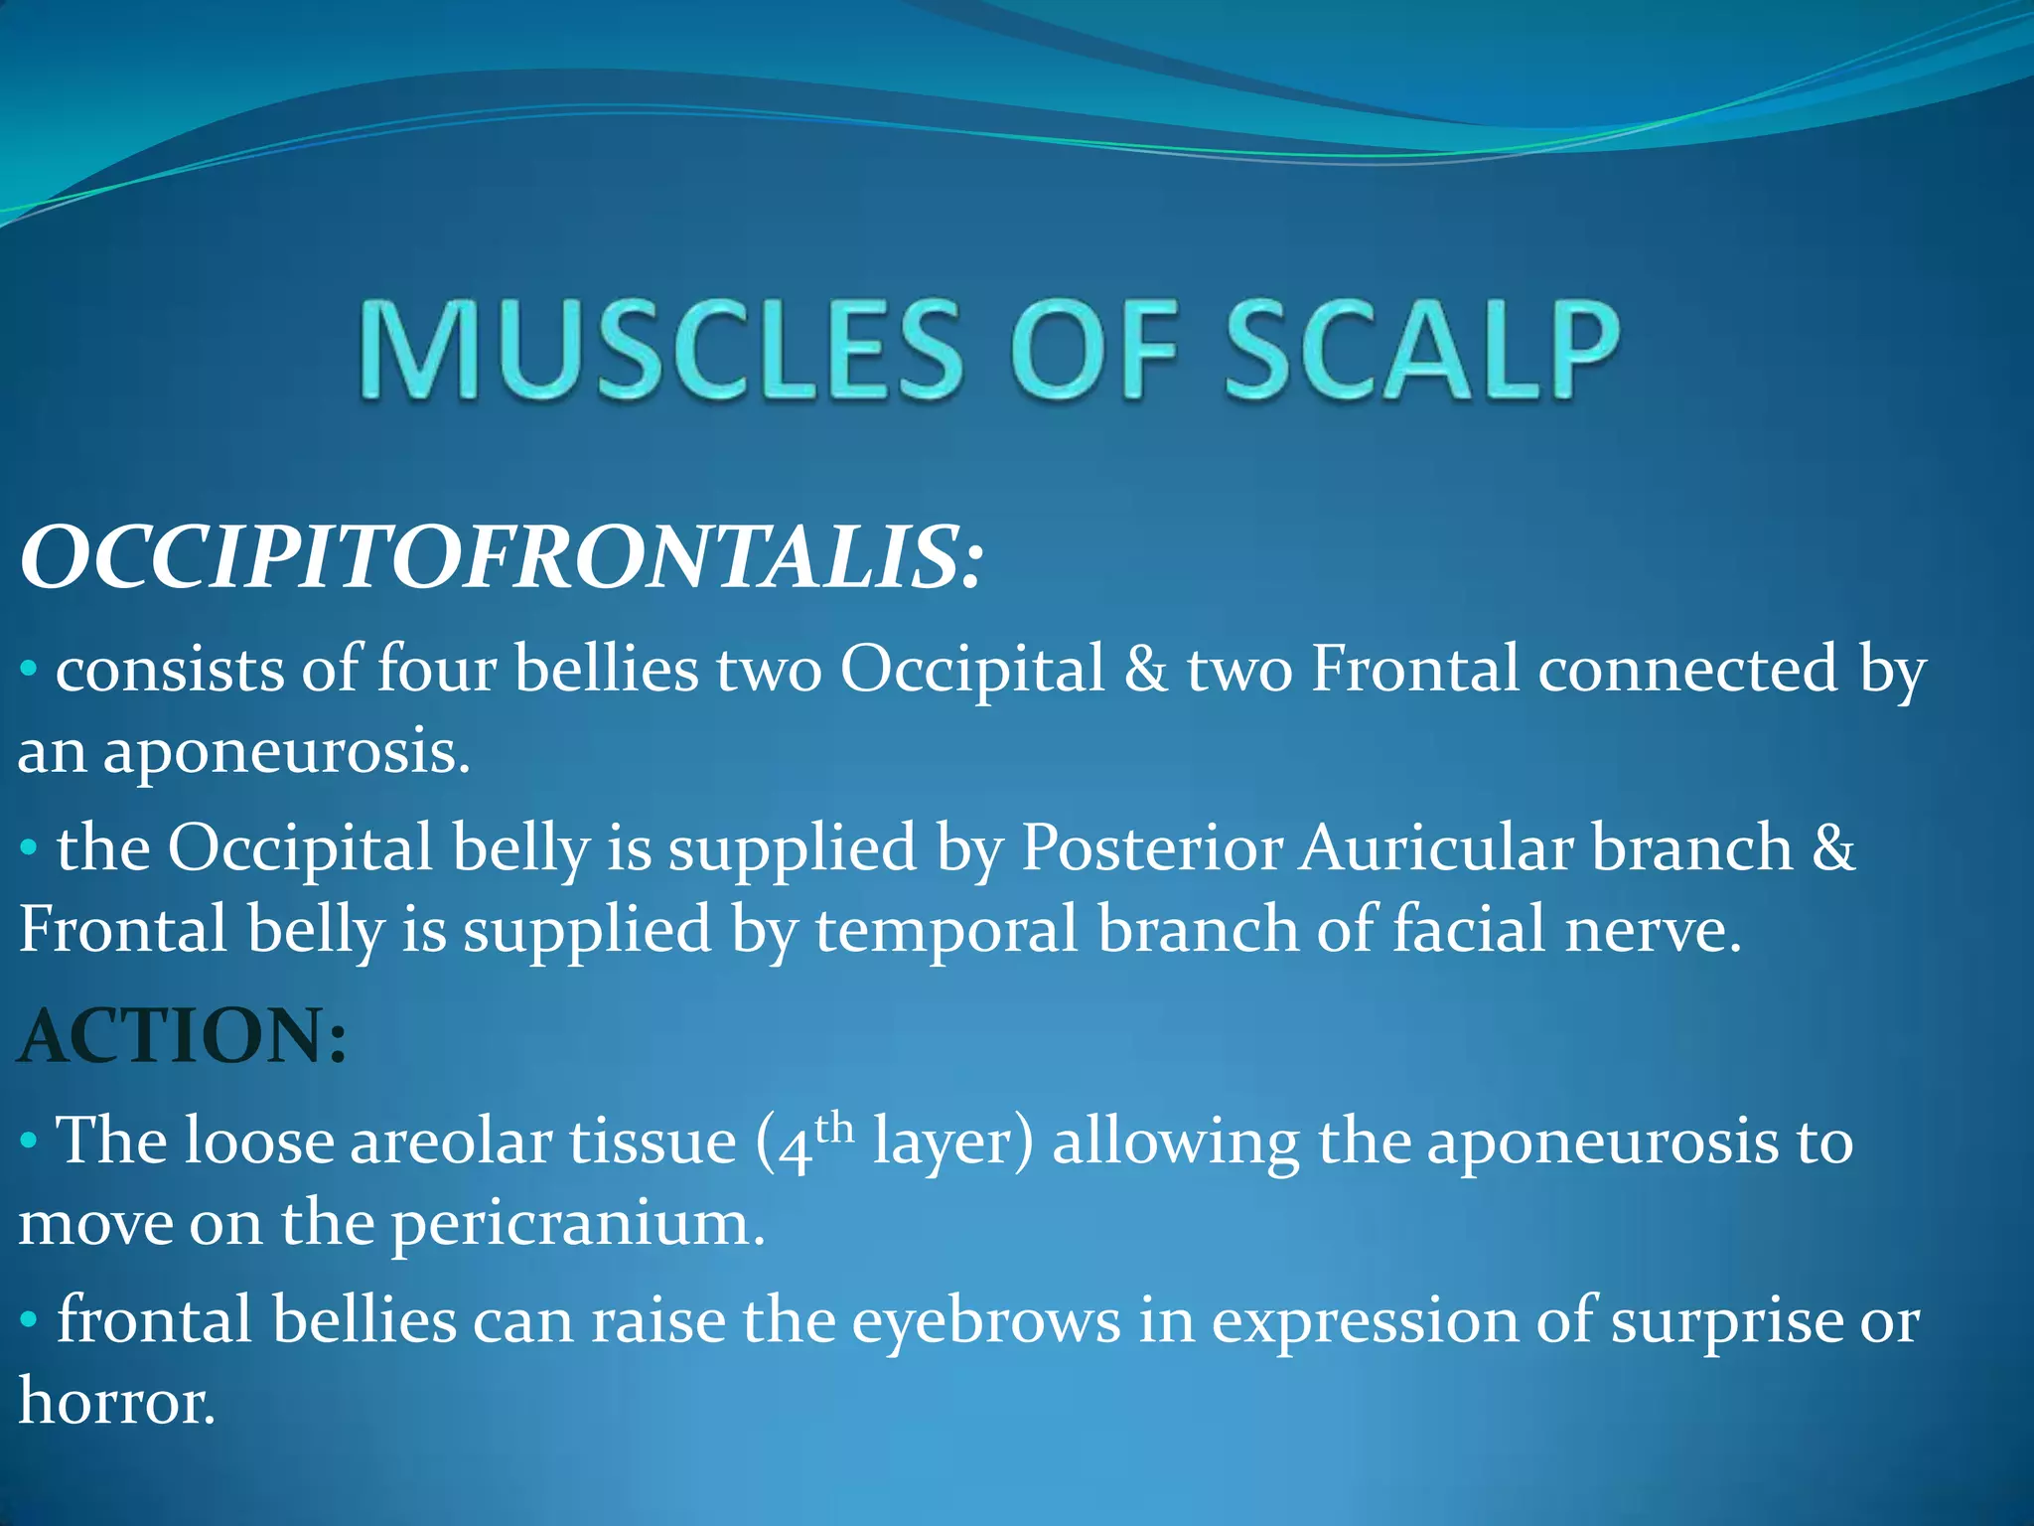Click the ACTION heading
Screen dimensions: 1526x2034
click(183, 1036)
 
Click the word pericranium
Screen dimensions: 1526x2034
click(578, 1225)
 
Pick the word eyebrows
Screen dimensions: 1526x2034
click(986, 1321)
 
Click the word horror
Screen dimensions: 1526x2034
click(116, 1403)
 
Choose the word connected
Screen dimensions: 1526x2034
click(1687, 669)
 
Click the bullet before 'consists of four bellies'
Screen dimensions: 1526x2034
click(29, 670)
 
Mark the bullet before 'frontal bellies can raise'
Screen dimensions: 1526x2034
click(29, 1321)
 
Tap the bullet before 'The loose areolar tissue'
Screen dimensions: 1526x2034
click(29, 1142)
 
